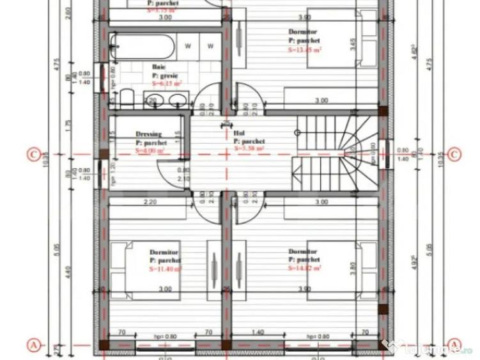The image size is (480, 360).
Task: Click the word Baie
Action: [x=159, y=67]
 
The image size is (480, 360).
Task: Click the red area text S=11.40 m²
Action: [x=166, y=269]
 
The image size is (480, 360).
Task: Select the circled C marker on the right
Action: [x=454, y=154]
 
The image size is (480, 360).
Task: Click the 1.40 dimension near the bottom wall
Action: [x=258, y=333]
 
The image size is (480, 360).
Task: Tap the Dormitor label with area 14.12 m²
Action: [x=303, y=252]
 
